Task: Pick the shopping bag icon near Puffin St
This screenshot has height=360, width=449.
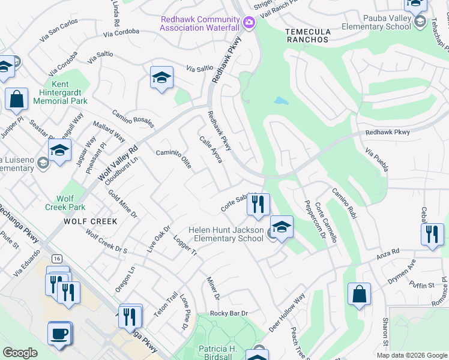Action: (x=359, y=294)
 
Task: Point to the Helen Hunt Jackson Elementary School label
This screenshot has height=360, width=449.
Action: (x=226, y=234)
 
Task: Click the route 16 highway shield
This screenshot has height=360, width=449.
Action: (x=57, y=258)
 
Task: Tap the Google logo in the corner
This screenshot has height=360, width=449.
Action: (x=20, y=353)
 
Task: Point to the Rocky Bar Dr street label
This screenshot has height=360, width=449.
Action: (x=229, y=313)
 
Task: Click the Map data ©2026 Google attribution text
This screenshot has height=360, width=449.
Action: (x=411, y=355)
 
